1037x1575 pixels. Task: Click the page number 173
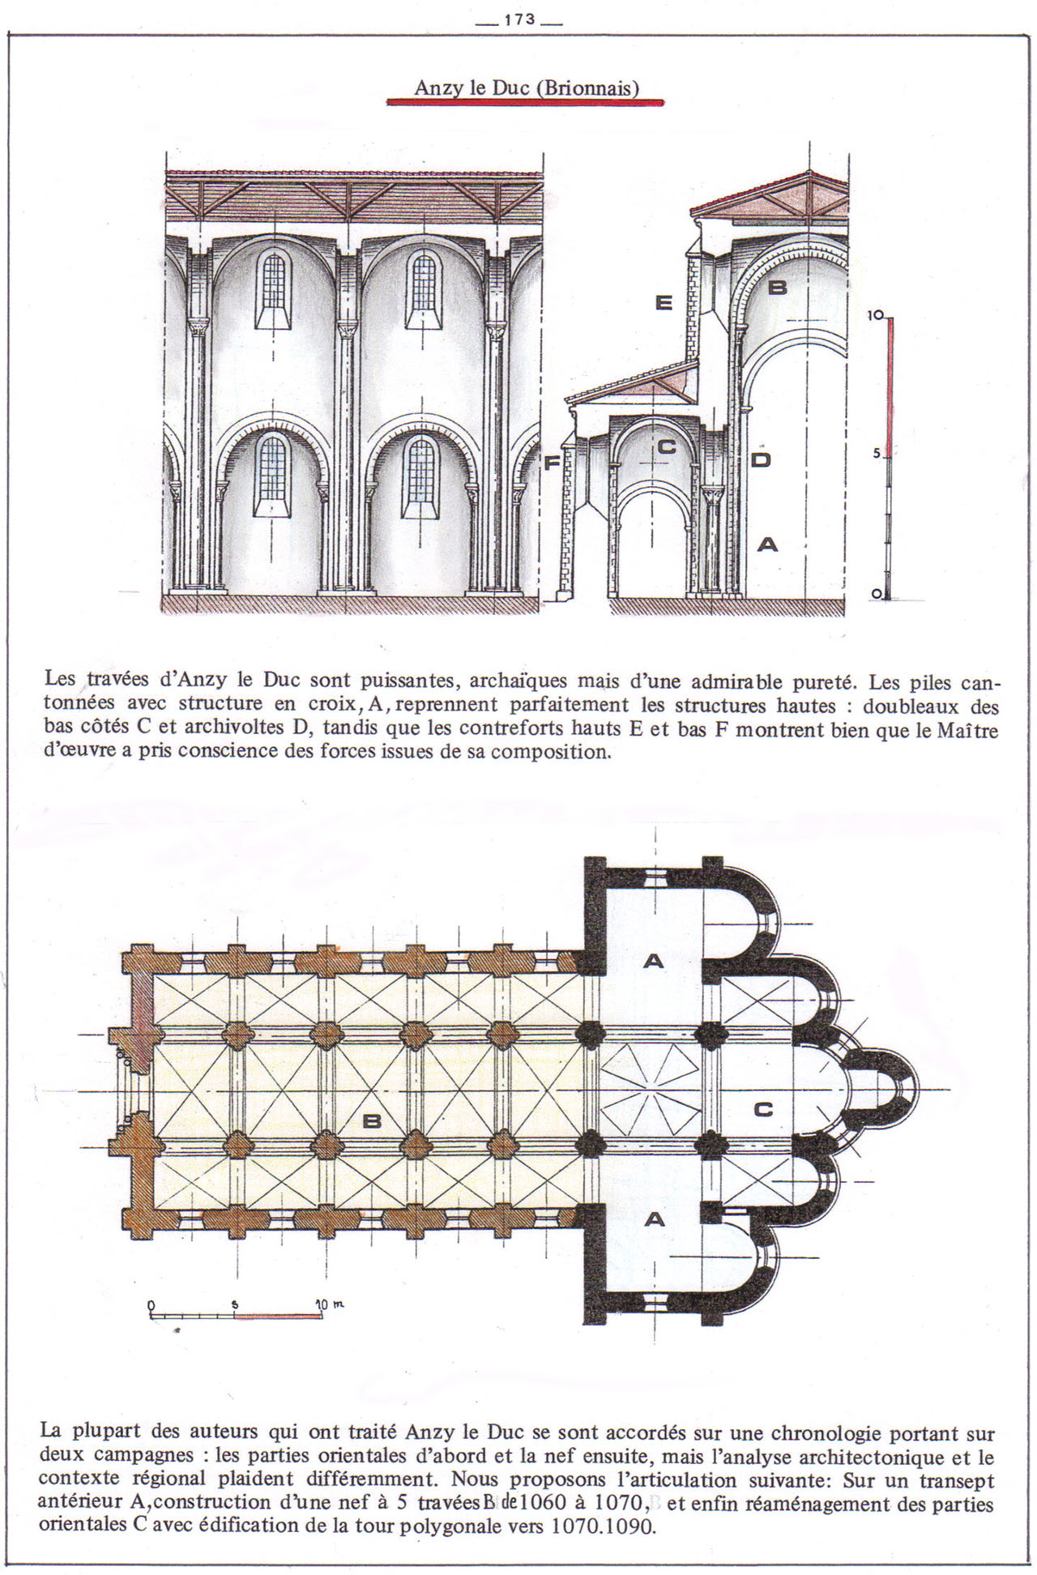pyautogui.click(x=519, y=19)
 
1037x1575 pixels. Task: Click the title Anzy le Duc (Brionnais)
pyautogui.click(x=527, y=87)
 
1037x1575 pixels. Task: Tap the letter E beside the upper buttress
pyautogui.click(x=664, y=302)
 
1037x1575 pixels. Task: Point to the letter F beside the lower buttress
pyautogui.click(x=552, y=463)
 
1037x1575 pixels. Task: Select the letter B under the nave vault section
pyautogui.click(x=777, y=287)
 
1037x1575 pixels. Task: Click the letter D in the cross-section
pyautogui.click(x=761, y=459)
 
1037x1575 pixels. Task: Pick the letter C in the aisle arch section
pyautogui.click(x=666, y=446)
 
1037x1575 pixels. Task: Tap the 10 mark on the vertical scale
pyautogui.click(x=876, y=315)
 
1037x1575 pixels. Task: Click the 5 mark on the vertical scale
pyautogui.click(x=877, y=455)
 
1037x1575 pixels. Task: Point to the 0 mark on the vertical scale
pyautogui.click(x=876, y=594)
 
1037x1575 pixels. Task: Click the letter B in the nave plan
pyautogui.click(x=372, y=1121)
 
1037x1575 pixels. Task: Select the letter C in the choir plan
pyautogui.click(x=763, y=1109)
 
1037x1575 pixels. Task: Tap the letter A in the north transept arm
pyautogui.click(x=653, y=962)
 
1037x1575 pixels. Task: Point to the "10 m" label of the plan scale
pyautogui.click(x=330, y=1304)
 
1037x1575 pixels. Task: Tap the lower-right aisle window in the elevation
pyautogui.click(x=420, y=476)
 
